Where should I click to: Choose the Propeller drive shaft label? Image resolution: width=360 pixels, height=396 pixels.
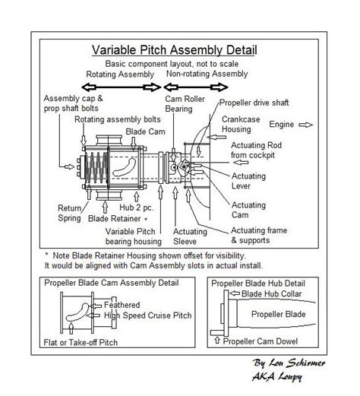[x=262, y=103]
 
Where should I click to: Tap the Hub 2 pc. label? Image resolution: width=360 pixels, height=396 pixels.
[x=134, y=206]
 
